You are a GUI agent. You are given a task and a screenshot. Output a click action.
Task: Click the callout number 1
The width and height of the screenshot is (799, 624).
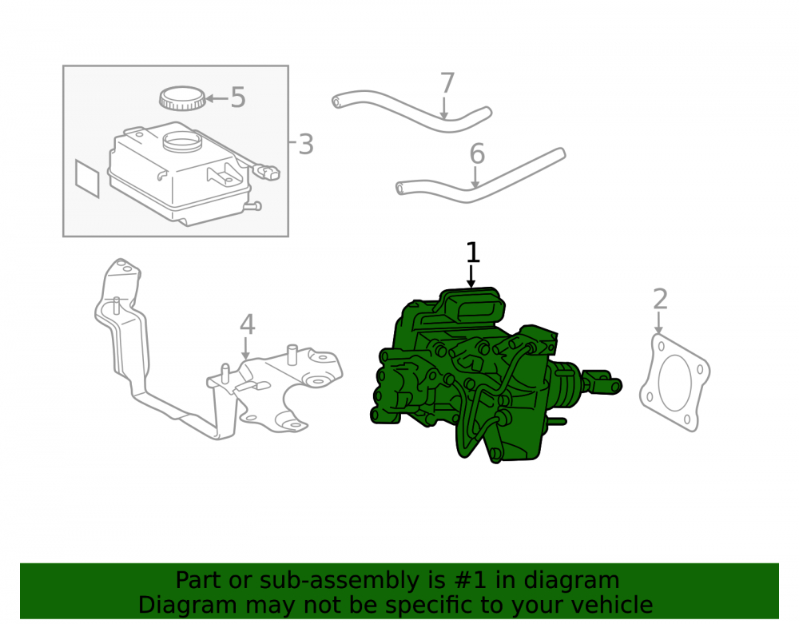pyautogui.click(x=473, y=253)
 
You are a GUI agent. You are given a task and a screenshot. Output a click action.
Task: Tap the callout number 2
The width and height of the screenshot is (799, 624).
pyautogui.click(x=660, y=300)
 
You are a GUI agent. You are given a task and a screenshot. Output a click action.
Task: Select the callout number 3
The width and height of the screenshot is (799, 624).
pyautogui.click(x=305, y=145)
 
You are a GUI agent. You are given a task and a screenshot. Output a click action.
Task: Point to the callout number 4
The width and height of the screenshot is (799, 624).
pyautogui.click(x=247, y=324)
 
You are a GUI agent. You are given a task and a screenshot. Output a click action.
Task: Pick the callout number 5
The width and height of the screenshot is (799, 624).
pyautogui.click(x=238, y=97)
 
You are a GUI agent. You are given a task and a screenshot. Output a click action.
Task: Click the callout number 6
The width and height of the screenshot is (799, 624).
pyautogui.click(x=477, y=154)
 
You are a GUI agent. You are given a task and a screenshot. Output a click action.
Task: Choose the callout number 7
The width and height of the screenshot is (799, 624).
pyautogui.click(x=447, y=83)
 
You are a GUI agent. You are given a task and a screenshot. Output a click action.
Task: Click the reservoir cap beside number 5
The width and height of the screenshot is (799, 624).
pyautogui.click(x=182, y=98)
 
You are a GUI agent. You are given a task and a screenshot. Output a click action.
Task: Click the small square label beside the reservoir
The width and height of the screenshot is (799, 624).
pyautogui.click(x=87, y=178)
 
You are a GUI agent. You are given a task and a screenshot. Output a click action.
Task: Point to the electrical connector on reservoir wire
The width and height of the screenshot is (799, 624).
pyautogui.click(x=266, y=172)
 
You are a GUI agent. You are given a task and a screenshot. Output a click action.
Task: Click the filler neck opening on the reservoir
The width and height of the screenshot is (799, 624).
pyautogui.click(x=182, y=140)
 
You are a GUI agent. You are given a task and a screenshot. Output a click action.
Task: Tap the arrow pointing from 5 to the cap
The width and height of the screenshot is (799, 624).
pyautogui.click(x=217, y=98)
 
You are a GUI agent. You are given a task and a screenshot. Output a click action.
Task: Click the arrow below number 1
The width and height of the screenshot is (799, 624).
pyautogui.click(x=471, y=276)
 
